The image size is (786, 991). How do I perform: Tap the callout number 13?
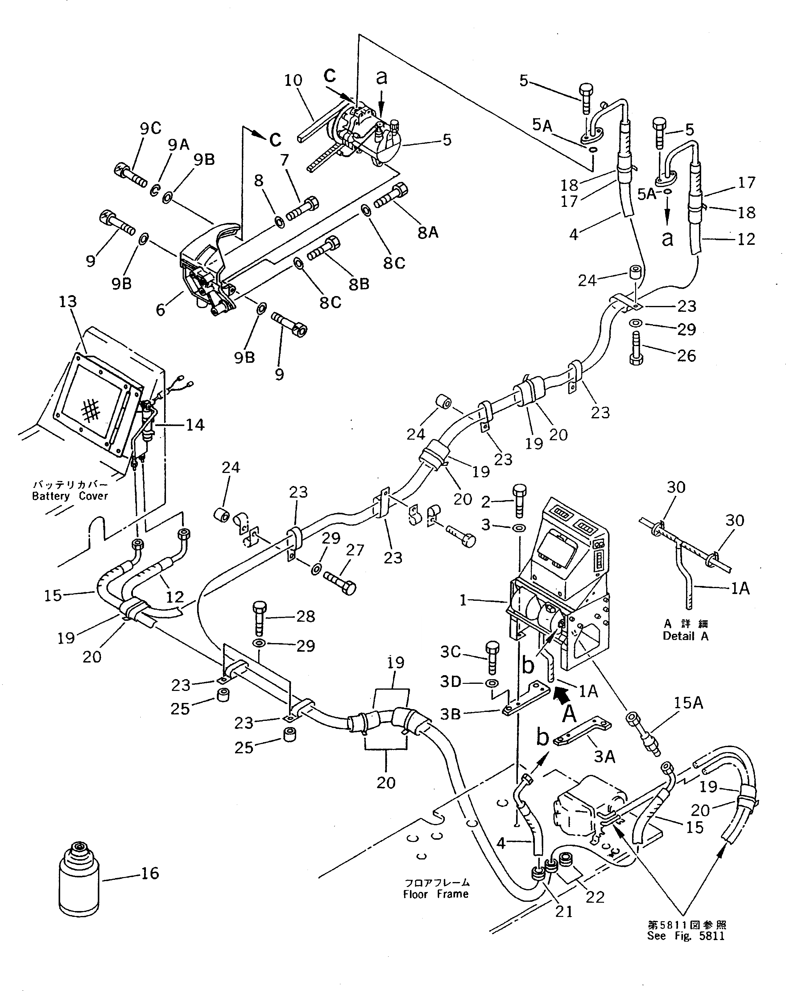coord(68,302)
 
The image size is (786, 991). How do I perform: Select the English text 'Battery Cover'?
coord(70,496)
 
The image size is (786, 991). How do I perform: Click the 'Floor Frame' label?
coord(436,894)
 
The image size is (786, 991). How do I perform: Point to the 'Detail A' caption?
coord(685,636)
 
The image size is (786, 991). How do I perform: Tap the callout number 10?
coord(293,81)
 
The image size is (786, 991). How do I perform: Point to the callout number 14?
coord(194,425)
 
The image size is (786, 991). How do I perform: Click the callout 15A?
coord(688,703)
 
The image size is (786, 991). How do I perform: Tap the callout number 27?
coord(355,550)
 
